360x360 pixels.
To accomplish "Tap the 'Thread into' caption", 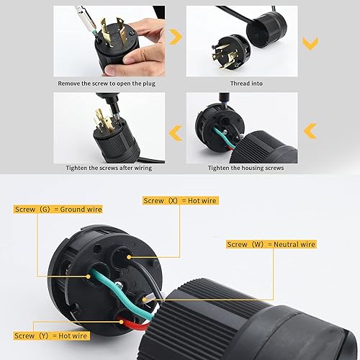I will [247, 84].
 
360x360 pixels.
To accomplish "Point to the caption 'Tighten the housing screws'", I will [247, 167].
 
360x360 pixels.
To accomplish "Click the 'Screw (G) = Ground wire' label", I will [58, 209].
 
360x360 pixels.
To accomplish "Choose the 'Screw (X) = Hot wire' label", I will [180, 201].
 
